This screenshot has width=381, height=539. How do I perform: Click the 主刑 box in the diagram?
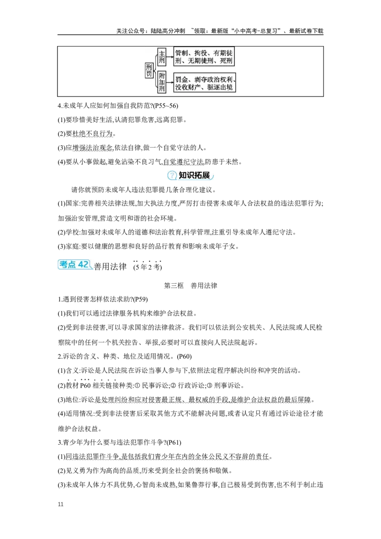click(162, 58)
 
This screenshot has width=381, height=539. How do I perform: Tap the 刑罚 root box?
click(149, 71)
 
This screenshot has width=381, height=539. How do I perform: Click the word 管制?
click(181, 53)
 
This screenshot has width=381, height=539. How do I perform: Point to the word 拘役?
click(202, 53)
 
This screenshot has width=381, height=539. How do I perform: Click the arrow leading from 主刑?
click(170, 57)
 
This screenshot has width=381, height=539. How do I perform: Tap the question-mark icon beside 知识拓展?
click(171, 176)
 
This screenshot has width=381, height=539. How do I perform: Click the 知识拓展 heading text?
click(194, 175)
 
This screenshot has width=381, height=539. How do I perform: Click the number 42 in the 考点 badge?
click(83, 265)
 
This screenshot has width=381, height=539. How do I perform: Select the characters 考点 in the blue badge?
click(68, 265)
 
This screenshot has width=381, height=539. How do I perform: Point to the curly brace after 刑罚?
click(155, 71)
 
